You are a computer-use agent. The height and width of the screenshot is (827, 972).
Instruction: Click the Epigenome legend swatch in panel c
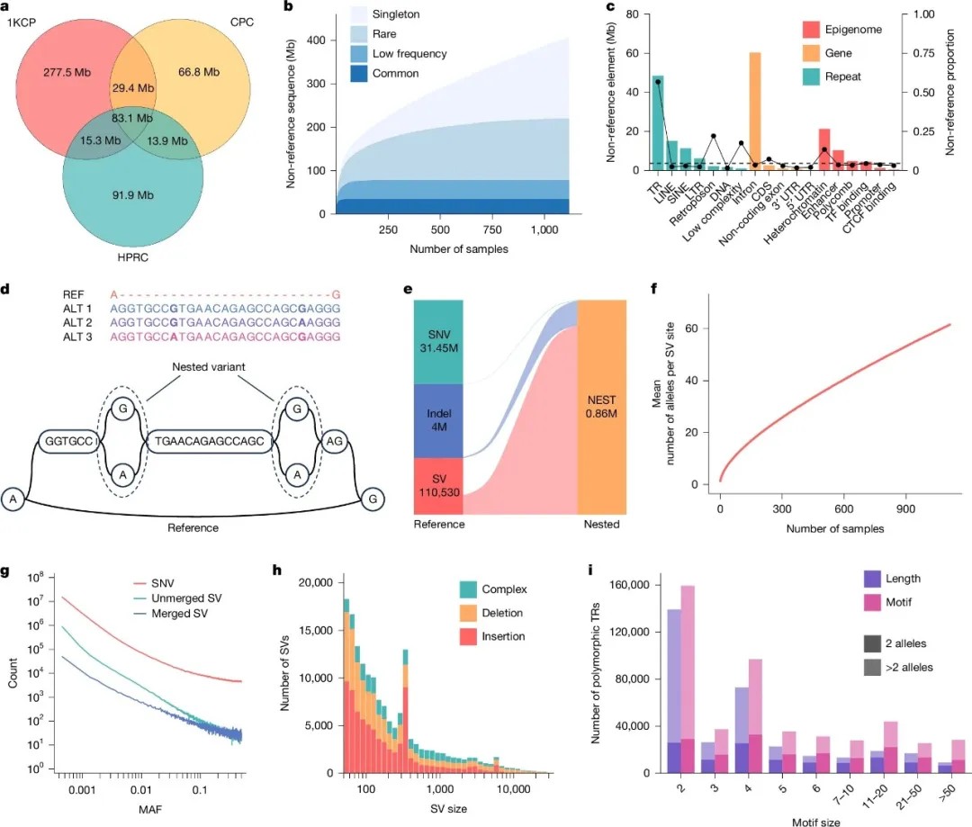pos(814,30)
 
